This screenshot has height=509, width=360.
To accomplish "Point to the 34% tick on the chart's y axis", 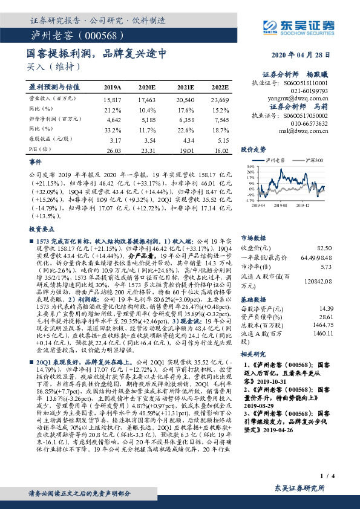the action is [x=249, y=166].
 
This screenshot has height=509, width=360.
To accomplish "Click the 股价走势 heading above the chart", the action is [x=254, y=148].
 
